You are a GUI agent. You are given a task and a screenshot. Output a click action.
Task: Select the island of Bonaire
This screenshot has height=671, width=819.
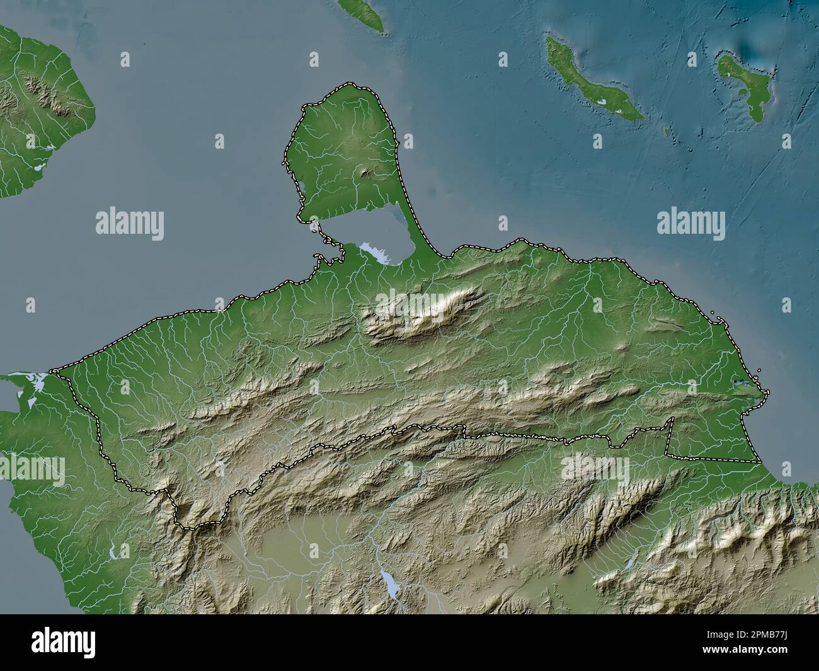(x=747, y=85)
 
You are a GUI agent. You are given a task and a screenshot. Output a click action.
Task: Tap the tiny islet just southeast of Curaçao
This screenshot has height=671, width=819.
(x=667, y=130)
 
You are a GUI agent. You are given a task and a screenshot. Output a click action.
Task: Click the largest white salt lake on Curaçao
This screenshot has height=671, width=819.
(x=602, y=100)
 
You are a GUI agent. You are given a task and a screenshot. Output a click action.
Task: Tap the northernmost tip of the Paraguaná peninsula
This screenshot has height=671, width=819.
(x=346, y=84)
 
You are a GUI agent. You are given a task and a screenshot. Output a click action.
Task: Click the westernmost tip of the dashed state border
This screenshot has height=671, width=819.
(x=53, y=370)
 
